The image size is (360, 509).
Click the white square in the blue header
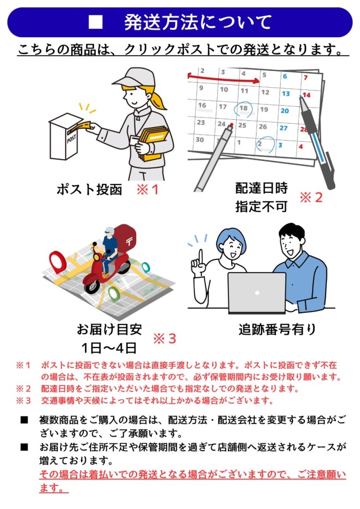click(x=96, y=22)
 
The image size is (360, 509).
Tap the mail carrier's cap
click(x=132, y=77)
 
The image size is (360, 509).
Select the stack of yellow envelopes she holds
click(x=154, y=142)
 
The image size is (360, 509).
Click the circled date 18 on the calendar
click(x=244, y=108)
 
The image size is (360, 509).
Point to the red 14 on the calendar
click(x=307, y=95)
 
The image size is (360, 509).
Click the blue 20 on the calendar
click(x=285, y=111)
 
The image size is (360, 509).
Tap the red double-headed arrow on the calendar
click(x=224, y=79)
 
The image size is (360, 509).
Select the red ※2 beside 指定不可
click(x=311, y=197)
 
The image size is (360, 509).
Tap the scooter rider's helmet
click(x=109, y=231)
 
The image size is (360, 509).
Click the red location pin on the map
click(x=57, y=260)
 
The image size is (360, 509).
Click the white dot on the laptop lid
click(x=257, y=293)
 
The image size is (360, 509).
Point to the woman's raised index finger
click(x=201, y=256)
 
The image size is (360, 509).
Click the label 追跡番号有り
click(x=277, y=330)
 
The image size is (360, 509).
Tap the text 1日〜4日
click(x=109, y=348)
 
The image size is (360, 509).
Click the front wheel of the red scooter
click(x=92, y=286)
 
